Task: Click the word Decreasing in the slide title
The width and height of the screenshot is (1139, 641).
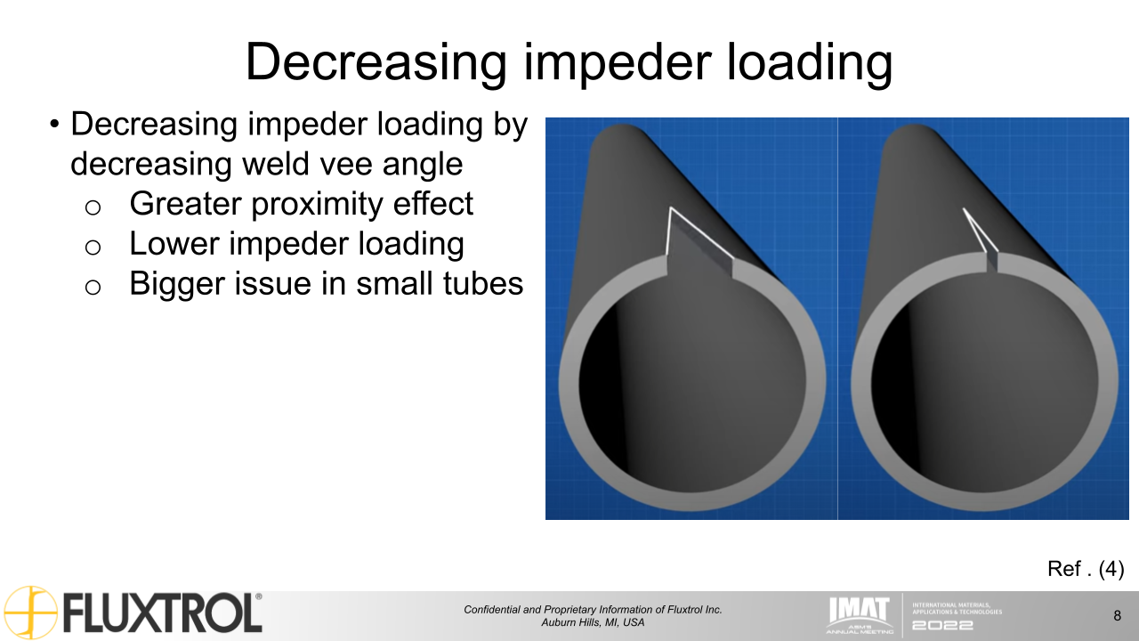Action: coord(376,63)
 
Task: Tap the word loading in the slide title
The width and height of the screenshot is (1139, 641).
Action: coord(810,63)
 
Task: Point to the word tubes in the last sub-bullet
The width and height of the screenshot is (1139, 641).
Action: coord(483,283)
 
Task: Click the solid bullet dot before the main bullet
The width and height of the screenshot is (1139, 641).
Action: coord(54,124)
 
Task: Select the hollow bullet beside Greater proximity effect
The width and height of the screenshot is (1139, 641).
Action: coord(93,207)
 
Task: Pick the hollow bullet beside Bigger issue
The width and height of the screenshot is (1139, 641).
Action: coord(93,287)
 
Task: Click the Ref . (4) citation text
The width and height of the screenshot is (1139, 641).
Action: coord(1086,569)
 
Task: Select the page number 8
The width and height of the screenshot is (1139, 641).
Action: coord(1117,616)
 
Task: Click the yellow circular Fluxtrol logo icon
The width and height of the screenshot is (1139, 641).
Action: coord(30,613)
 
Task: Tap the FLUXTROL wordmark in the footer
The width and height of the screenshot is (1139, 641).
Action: coord(162,614)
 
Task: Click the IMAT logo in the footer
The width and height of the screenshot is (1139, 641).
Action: coord(860,615)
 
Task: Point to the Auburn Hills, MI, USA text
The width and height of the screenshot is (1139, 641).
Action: coord(593,622)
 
